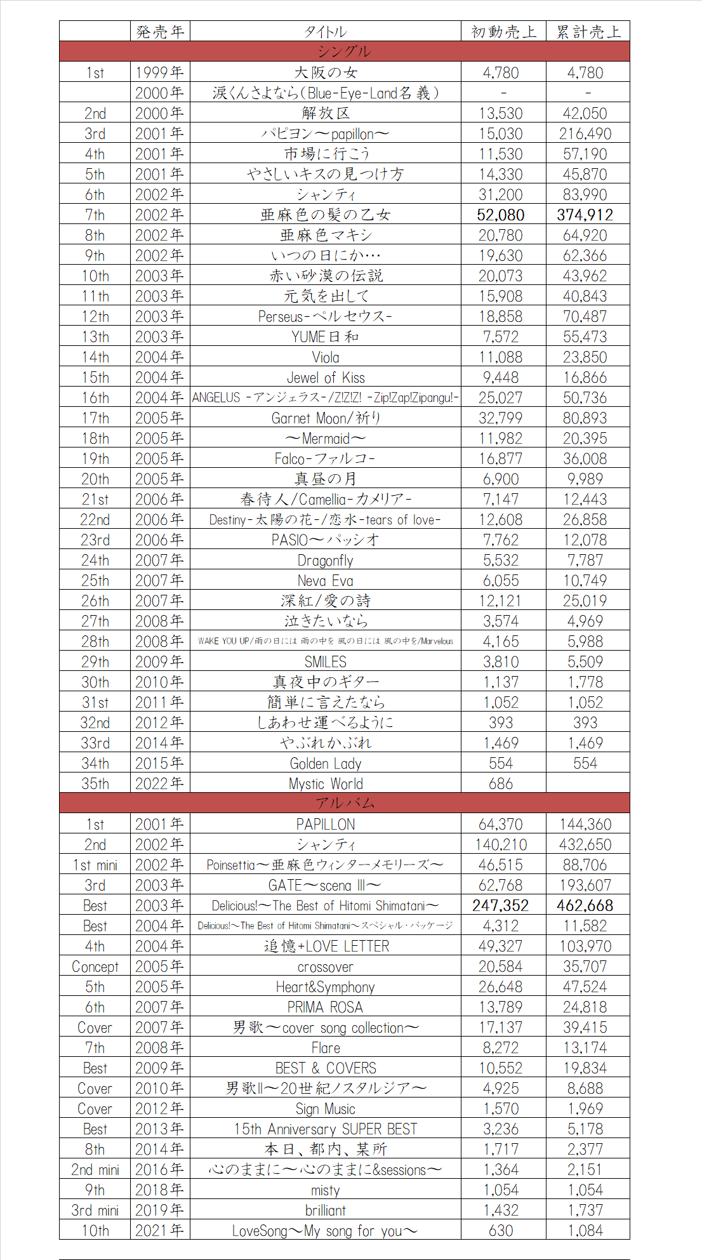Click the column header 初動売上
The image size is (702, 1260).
click(x=503, y=32)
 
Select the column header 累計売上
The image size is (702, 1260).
click(x=588, y=32)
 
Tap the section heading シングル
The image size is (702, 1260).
click(x=344, y=51)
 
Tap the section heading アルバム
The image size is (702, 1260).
click(x=344, y=803)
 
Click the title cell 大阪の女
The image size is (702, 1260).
click(x=326, y=72)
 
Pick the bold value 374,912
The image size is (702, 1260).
click(x=585, y=215)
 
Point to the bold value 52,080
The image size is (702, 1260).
click(x=501, y=215)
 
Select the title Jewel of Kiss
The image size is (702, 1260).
click(x=326, y=378)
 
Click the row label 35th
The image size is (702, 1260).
click(x=95, y=784)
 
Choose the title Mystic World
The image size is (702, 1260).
click(x=326, y=784)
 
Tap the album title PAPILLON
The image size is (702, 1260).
click(x=326, y=825)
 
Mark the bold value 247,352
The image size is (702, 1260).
click(x=501, y=906)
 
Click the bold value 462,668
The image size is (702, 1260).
click(x=585, y=906)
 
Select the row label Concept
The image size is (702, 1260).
click(x=95, y=967)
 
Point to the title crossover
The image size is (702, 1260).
click(x=326, y=967)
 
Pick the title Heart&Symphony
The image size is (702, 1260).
click(x=326, y=987)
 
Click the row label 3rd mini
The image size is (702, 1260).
click(x=95, y=1210)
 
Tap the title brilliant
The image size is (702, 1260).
click(x=326, y=1210)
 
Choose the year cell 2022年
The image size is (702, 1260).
click(x=159, y=784)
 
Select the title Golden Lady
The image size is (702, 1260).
click(x=326, y=764)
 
